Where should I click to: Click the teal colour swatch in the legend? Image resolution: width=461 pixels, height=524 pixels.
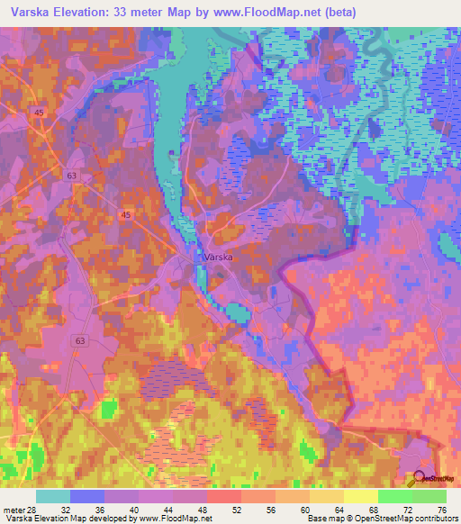(x=53, y=496)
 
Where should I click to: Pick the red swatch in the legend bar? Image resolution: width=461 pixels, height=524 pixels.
(x=224, y=496)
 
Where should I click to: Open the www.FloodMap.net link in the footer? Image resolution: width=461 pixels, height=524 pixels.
(x=179, y=519)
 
